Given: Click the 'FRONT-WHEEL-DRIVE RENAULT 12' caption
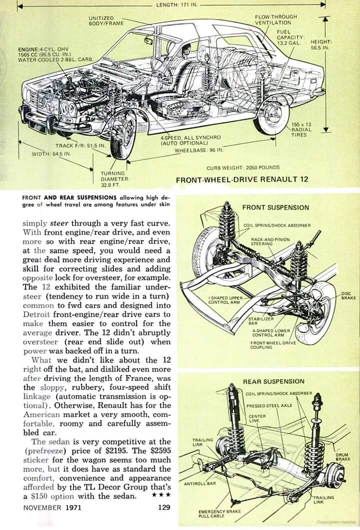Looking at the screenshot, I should (242, 180).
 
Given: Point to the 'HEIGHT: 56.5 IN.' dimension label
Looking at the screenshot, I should (321, 45).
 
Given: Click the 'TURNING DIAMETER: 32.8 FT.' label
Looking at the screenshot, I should (115, 179).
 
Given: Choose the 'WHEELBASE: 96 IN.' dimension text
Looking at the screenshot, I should (199, 150).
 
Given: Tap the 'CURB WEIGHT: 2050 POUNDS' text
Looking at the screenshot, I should (243, 168).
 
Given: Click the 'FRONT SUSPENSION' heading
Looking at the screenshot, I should (275, 207).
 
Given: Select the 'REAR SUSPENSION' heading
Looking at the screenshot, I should (273, 381).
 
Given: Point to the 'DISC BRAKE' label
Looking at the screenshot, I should (348, 295).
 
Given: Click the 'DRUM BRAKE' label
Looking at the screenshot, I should (342, 456).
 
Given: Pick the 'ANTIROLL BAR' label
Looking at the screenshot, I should (199, 484).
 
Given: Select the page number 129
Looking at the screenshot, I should (163, 507).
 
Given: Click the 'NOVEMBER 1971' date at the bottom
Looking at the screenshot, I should (51, 507).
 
